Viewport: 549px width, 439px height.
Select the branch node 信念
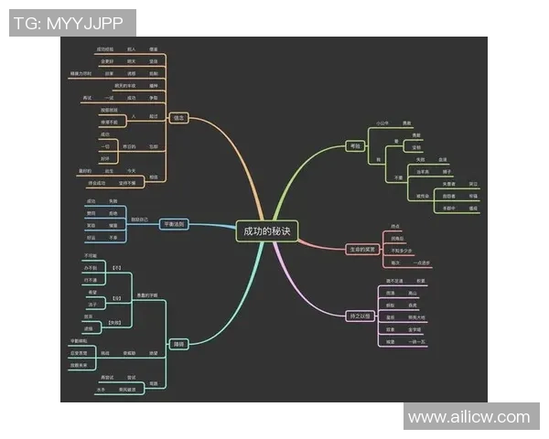pos(178,118)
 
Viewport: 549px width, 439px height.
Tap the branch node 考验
pos(354,145)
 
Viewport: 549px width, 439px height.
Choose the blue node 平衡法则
pos(173,224)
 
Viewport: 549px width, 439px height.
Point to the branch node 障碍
pos(179,344)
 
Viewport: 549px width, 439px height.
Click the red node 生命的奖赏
pos(362,249)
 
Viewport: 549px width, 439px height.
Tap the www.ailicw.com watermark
pos(468,417)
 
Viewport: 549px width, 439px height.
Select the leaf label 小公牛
pos(383,122)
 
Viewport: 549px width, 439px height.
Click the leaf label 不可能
pos(91,255)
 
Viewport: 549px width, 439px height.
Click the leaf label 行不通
pos(91,279)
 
